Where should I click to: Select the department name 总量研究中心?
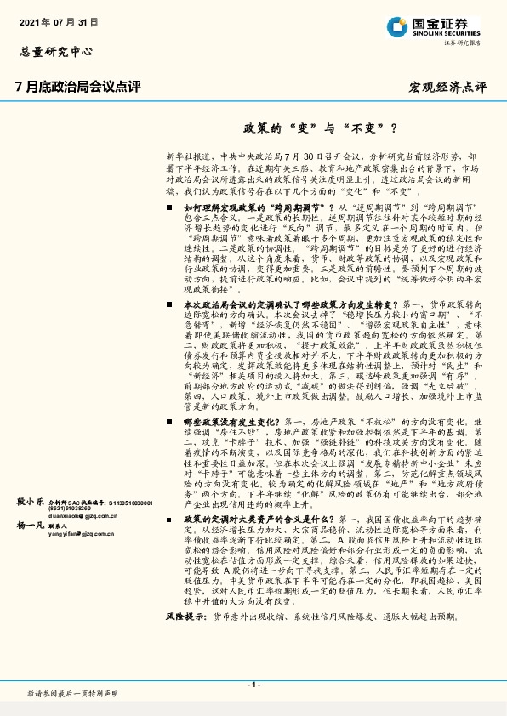coord(54,52)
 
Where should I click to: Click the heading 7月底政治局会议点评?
coord(77,87)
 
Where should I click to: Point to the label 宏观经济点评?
coord(448,88)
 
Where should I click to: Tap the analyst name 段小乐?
coord(30,503)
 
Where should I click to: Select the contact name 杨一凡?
coord(30,527)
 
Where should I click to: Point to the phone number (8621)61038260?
coord(70,509)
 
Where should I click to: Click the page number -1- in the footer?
coord(253,684)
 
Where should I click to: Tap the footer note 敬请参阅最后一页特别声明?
coord(72,694)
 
